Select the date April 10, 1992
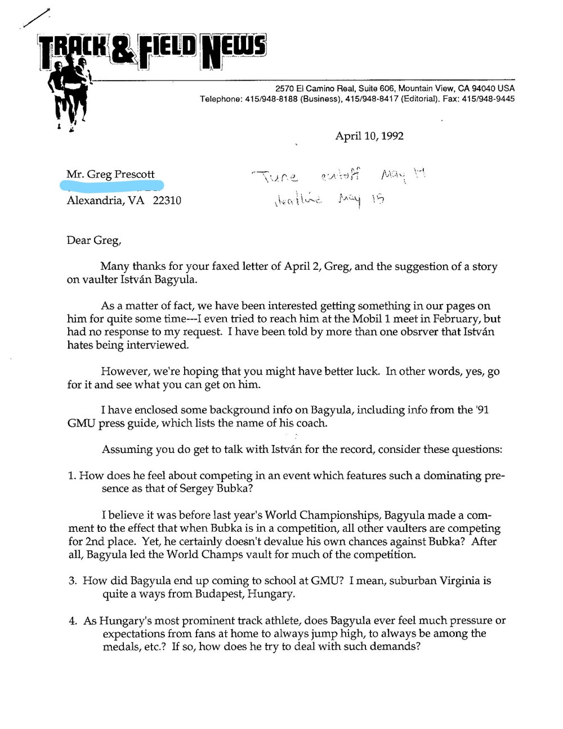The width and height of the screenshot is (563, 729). (369, 136)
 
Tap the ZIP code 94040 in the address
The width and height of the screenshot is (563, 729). (484, 88)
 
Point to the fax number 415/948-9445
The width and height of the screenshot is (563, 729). (488, 99)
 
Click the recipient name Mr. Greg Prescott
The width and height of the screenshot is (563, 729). (110, 174)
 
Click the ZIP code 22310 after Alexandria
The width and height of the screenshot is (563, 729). (167, 201)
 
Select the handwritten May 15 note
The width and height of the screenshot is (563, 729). (361, 199)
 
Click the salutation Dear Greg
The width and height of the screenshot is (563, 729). (93, 241)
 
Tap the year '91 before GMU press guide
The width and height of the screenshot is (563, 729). (482, 410)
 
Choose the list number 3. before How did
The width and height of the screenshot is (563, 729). (73, 581)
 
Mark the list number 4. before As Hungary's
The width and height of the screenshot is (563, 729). (73, 621)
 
